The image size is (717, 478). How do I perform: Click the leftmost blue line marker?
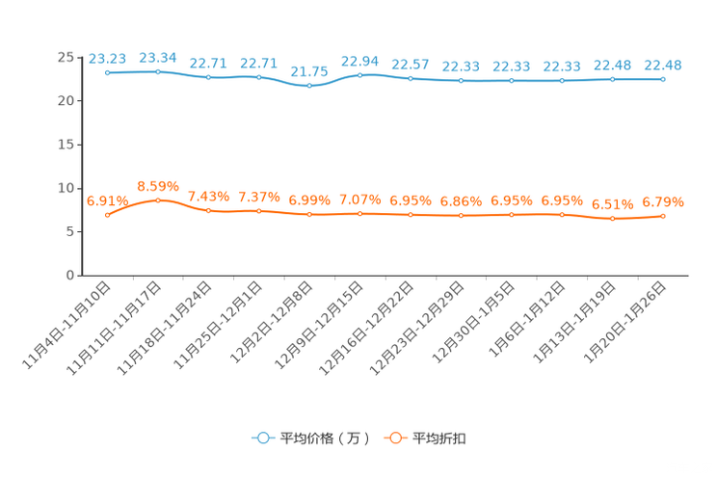point(107,72)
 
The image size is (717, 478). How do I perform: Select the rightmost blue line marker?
point(663,79)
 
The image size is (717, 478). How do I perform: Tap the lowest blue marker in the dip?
point(309,85)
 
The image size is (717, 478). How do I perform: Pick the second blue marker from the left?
point(157,71)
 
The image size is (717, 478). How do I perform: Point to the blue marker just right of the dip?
point(359,74)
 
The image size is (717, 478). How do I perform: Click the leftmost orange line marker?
point(107,214)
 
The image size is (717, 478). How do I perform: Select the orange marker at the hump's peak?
point(157,199)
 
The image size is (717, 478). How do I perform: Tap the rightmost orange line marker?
point(663,216)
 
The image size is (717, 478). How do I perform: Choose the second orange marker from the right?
point(612,219)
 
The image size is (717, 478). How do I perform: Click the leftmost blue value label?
point(107,58)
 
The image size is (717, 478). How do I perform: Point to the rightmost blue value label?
point(663,65)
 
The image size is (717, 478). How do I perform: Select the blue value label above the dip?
point(309,70)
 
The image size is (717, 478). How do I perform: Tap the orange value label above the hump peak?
point(157,185)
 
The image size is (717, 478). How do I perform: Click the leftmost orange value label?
point(107,199)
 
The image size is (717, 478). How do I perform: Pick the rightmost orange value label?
point(663,201)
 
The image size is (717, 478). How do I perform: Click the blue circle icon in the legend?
point(261,438)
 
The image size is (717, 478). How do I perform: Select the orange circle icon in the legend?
point(394,438)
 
